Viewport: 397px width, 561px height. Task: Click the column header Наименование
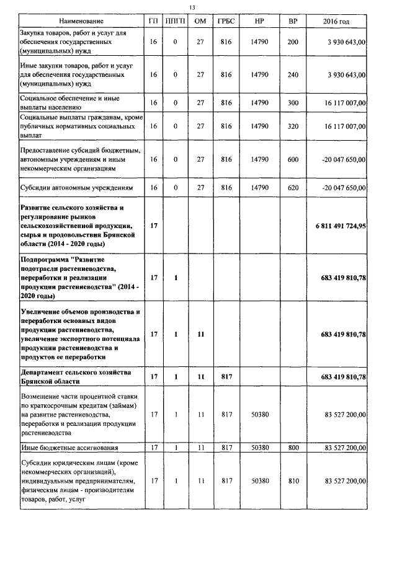(79, 22)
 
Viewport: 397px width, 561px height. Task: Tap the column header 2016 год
(336, 22)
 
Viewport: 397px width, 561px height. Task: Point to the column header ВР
(293, 22)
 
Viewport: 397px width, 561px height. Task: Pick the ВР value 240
(293, 74)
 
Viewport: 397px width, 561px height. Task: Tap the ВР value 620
(293, 187)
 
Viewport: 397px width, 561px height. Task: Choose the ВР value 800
(293, 447)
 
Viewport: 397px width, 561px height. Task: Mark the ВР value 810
(293, 480)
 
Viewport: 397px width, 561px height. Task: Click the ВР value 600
(293, 159)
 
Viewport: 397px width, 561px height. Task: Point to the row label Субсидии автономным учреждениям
(76, 187)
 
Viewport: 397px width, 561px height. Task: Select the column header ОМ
(200, 22)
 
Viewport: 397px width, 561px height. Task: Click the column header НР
(260, 22)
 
